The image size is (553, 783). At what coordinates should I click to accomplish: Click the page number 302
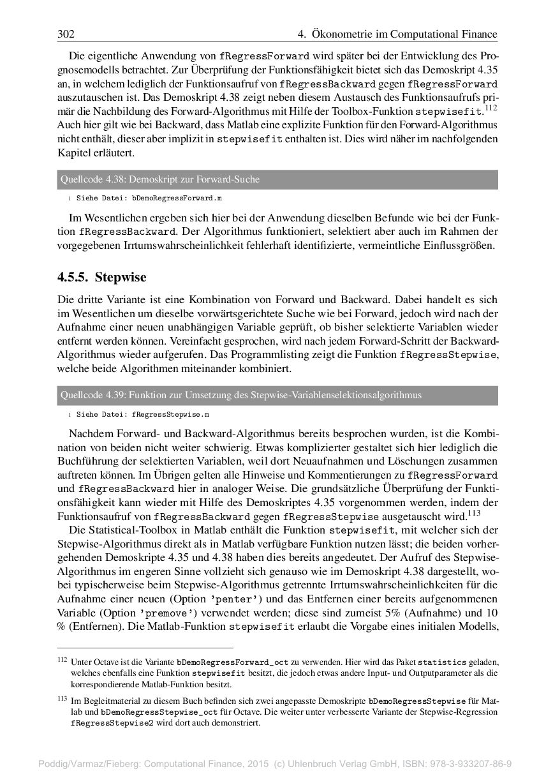[66, 34]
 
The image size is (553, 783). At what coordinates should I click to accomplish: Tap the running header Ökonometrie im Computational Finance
[401, 34]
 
